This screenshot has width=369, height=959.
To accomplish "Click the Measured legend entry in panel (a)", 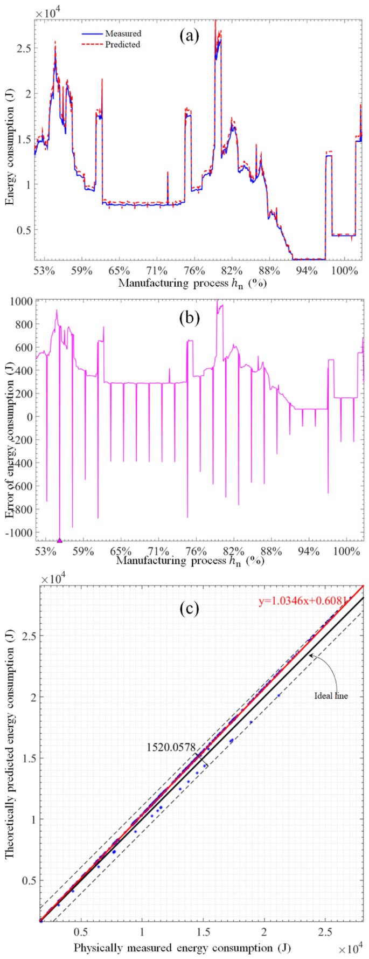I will pos(123,33).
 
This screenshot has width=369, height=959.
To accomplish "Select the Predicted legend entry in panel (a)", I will pos(122,44).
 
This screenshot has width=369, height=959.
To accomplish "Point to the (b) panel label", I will pos(189,318).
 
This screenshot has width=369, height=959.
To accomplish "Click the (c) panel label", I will pos(189,609).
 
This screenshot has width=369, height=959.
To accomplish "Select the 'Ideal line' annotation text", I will pos(331,695).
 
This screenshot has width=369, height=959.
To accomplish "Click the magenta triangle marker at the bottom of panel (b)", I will pos(60,540).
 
